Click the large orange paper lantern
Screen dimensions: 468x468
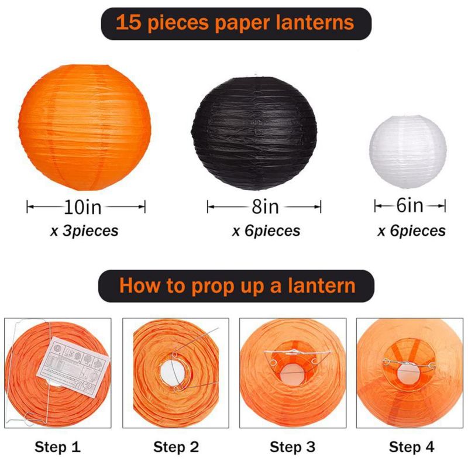coord(84,128)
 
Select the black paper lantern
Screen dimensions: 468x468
coord(254,133)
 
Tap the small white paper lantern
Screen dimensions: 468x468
coord(408,152)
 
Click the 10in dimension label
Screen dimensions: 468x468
coord(82,207)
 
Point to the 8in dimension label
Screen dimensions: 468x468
coord(266,207)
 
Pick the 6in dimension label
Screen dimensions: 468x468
coord(410,205)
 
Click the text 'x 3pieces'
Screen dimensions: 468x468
coord(84,230)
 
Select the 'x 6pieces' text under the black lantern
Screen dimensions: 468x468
coord(266,230)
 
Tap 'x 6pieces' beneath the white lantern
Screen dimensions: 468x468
coord(412,230)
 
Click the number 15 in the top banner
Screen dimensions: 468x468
coord(128,22)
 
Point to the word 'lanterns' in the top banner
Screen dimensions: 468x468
coord(315,22)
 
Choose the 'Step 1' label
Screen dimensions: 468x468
coord(57,447)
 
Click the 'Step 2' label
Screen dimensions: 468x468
coord(176,447)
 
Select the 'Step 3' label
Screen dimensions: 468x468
coord(292,447)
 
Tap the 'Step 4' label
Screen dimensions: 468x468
coord(412,447)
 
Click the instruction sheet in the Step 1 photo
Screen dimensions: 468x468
coord(73,367)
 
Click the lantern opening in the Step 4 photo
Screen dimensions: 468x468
coord(408,373)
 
